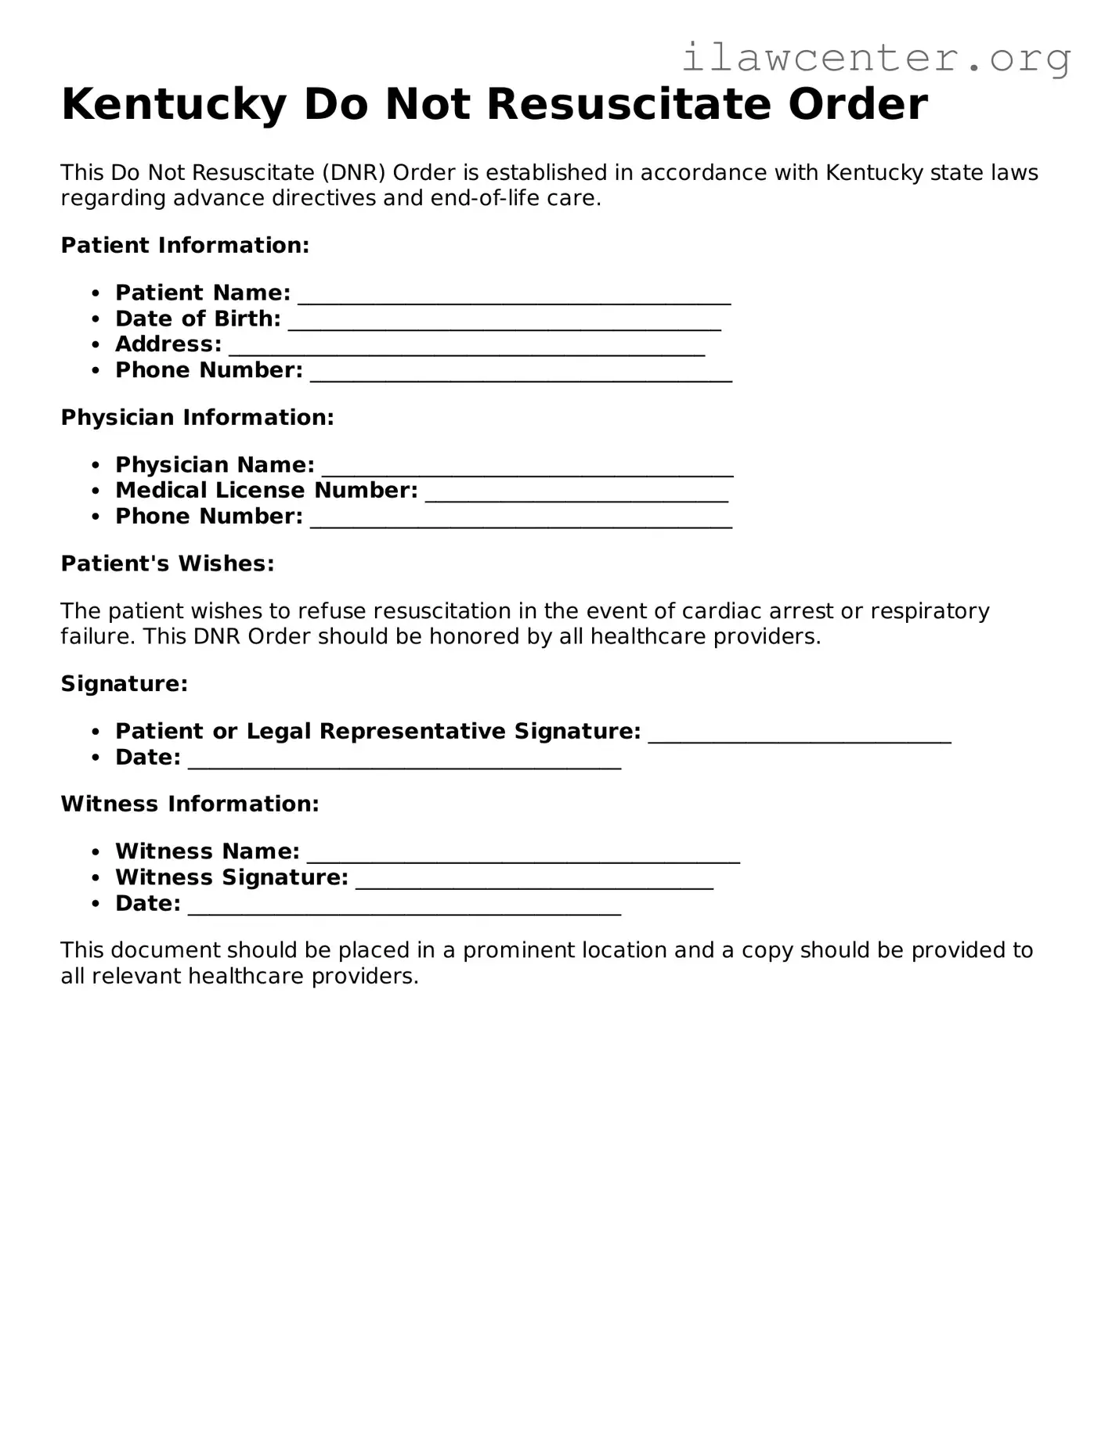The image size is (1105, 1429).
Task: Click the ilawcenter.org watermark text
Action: (x=876, y=58)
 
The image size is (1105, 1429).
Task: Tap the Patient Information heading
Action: (x=185, y=246)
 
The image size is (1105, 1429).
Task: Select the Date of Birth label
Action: (x=197, y=319)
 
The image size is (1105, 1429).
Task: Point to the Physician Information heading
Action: (x=197, y=418)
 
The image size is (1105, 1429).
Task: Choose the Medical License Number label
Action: (x=266, y=491)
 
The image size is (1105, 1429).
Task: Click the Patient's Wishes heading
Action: (x=168, y=564)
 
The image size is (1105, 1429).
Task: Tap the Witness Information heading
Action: (x=190, y=804)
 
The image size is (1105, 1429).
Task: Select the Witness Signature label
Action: (x=231, y=878)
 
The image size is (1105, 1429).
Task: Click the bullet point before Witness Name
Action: (x=96, y=852)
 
